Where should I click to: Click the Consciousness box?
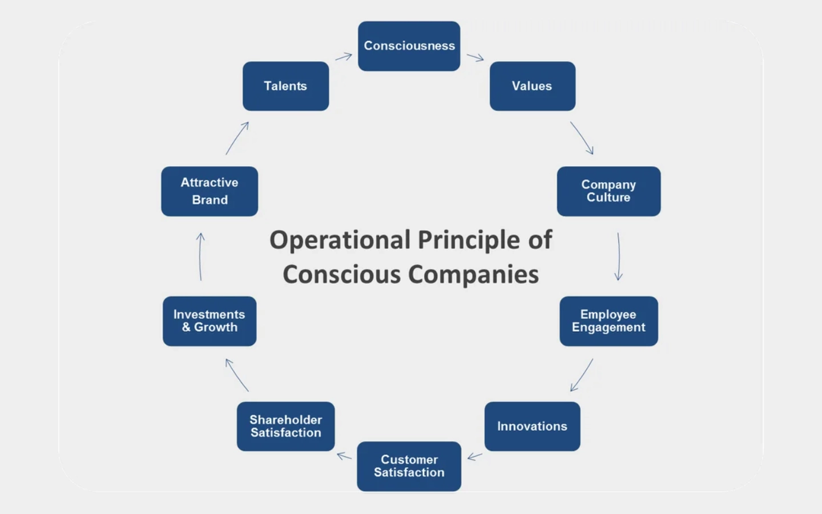pyautogui.click(x=409, y=46)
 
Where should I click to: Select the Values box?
pyautogui.click(x=532, y=86)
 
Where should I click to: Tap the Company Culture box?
pyautogui.click(x=609, y=191)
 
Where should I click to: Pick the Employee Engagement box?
pyautogui.click(x=609, y=321)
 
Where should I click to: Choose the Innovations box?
pyautogui.click(x=532, y=427)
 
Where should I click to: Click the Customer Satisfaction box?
pyautogui.click(x=409, y=466)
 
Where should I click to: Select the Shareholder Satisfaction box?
pyautogui.click(x=285, y=427)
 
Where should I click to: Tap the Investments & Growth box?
pyautogui.click(x=209, y=321)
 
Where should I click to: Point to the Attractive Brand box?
pyautogui.click(x=209, y=191)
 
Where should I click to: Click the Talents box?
pyautogui.click(x=285, y=86)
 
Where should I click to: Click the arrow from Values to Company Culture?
pyautogui.click(x=582, y=138)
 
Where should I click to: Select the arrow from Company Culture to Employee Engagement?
pyautogui.click(x=619, y=256)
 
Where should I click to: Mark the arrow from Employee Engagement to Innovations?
pyautogui.click(x=582, y=375)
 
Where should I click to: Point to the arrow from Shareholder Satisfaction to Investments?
pyautogui.click(x=237, y=375)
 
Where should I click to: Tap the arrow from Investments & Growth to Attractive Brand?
pyautogui.click(x=200, y=256)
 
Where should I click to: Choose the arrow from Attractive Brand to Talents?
pyautogui.click(x=237, y=138)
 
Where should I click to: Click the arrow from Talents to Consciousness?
pyautogui.click(x=344, y=57)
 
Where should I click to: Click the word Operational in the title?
pyautogui.click(x=340, y=240)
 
